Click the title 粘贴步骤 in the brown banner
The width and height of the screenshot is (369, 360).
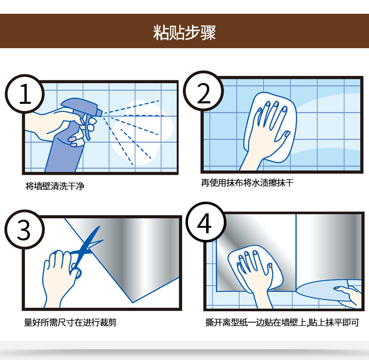pos(184,32)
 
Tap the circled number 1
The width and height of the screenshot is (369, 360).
pos(25,94)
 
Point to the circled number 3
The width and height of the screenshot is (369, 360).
pos(24,229)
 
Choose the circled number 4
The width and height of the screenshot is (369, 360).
pos(206,222)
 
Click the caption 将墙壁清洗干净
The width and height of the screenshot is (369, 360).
pos(55,186)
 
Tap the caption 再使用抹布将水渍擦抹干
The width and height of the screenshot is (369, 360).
pos(247,182)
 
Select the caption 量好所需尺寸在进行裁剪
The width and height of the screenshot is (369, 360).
pos(70,322)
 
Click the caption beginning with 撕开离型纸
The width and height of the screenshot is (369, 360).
pos(282,322)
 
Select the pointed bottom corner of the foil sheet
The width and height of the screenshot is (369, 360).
pos(133,302)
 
